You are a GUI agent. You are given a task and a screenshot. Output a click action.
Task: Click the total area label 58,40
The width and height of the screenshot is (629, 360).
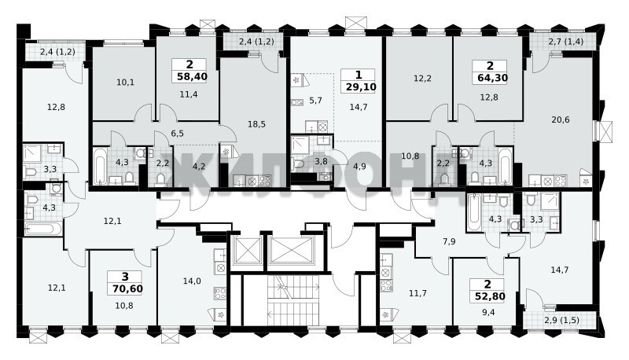click(192, 76)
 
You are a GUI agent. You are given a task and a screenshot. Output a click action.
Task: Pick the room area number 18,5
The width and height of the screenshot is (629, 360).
click(257, 124)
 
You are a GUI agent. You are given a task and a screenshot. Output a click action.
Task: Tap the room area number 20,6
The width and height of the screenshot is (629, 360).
click(561, 119)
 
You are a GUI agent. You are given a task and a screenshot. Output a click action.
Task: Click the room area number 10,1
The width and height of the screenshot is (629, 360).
click(126, 83)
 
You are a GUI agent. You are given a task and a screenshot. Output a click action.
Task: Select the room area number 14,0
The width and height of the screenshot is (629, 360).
click(192, 281)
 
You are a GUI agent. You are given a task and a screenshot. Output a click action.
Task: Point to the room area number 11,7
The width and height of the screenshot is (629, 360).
click(417, 293)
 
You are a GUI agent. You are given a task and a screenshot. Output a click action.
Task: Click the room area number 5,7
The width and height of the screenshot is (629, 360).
click(316, 101)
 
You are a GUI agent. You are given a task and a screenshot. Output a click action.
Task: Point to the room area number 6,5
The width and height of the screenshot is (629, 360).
click(177, 134)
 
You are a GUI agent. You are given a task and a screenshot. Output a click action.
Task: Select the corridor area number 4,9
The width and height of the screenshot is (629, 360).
click(359, 167)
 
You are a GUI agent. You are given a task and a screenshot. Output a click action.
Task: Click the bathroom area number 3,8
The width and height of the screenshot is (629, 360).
click(321, 162)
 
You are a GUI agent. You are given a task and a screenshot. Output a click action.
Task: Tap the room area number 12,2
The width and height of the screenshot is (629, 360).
click(422, 79)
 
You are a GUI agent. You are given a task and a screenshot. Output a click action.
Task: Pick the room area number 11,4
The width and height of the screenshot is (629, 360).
click(189, 94)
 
